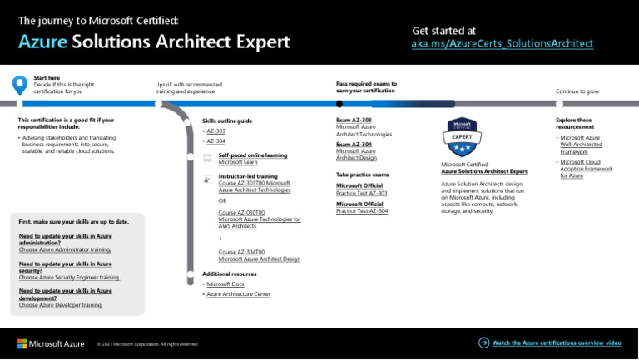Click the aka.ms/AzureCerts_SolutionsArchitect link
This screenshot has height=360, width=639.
[503, 43]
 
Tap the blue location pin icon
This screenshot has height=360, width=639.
[20, 85]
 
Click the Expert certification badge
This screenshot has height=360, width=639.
[462, 137]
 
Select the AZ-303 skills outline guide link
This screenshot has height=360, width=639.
[215, 131]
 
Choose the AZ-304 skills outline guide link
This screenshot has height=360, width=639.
[215, 141]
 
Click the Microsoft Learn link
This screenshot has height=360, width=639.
[238, 162]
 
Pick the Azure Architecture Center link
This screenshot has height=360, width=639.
[238, 294]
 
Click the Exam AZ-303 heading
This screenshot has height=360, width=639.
[354, 121]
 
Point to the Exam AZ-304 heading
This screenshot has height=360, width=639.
[354, 145]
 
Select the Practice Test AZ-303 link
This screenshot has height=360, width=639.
[361, 193]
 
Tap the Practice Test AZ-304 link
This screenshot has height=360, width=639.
[361, 211]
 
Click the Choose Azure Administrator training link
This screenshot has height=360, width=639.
[65, 249]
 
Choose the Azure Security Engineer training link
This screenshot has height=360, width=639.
[69, 278]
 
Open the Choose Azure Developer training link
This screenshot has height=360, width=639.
[61, 305]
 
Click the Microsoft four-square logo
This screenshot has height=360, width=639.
[22, 343]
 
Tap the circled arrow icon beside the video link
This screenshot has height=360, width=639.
[484, 343]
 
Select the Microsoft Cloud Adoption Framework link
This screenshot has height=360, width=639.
[586, 169]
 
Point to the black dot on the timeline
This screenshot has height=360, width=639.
[339, 104]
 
